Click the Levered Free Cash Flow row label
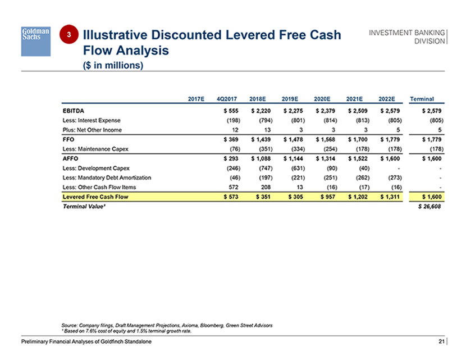pyautogui.click(x=93, y=197)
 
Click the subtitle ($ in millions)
pyautogui.click(x=113, y=66)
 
